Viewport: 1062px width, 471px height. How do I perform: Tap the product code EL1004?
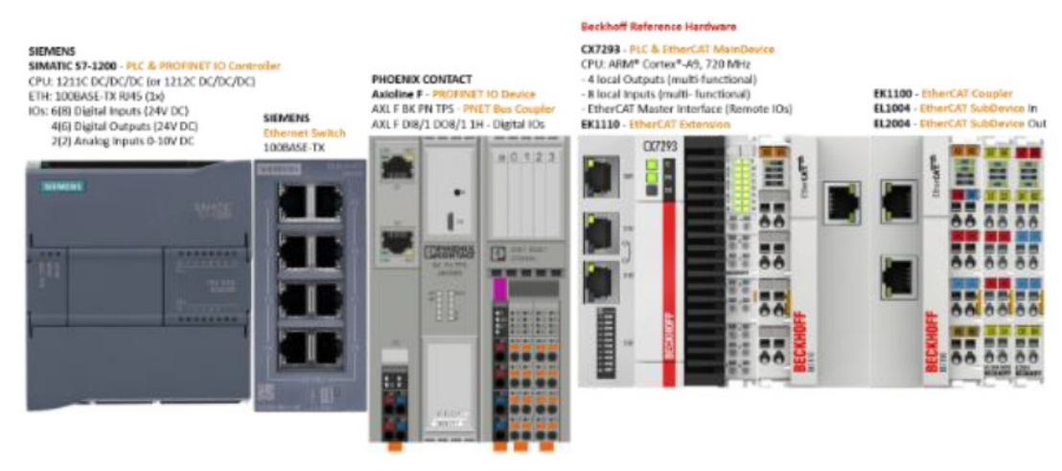tap(891, 109)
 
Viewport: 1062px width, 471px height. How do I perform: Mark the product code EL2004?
tap(891, 124)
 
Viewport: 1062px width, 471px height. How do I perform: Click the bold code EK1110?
tap(601, 124)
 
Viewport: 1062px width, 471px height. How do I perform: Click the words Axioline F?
tap(398, 95)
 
